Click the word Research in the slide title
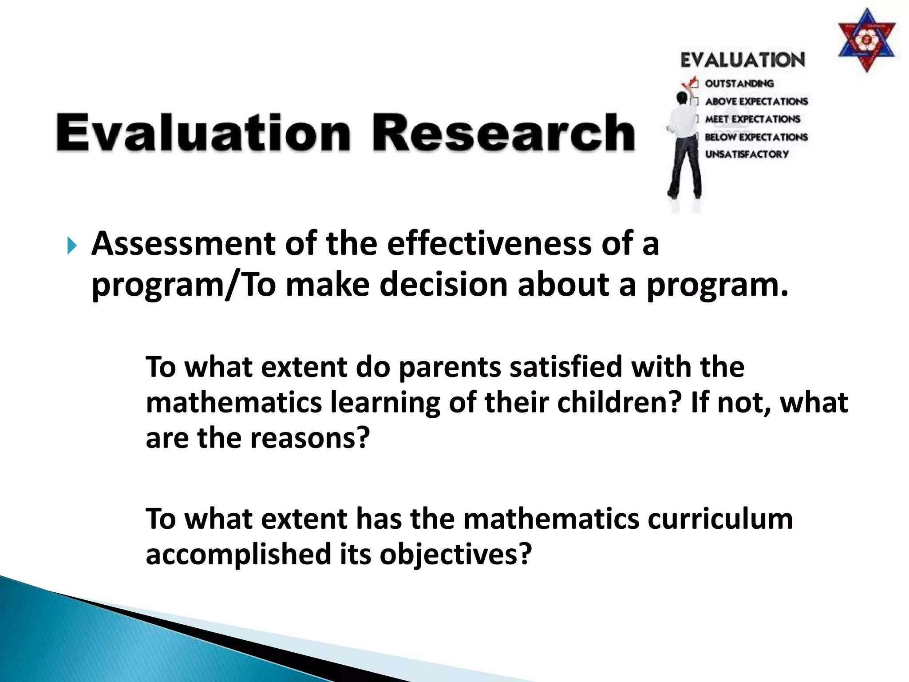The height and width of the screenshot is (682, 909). tap(503, 133)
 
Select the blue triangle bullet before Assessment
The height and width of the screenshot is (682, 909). tap(72, 246)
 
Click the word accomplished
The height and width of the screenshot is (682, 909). tap(238, 555)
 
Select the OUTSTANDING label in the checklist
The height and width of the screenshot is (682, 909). tap(739, 83)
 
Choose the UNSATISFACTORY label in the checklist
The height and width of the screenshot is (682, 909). tap(747, 154)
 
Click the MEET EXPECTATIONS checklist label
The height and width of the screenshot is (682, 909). tap(753, 119)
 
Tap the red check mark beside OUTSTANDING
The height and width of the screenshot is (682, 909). tap(690, 83)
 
